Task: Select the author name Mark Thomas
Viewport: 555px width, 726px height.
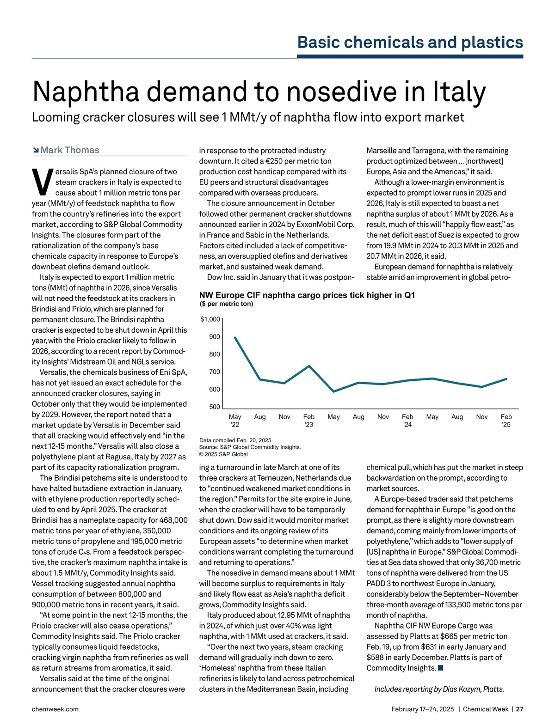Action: point(70,150)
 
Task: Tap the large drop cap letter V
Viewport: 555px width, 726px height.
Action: point(42,182)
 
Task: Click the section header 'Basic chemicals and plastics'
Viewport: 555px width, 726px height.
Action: point(410,42)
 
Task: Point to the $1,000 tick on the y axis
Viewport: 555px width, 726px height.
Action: point(210,319)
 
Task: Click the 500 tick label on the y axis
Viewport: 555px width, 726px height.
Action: point(215,407)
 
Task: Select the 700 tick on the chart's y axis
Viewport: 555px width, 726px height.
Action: point(215,372)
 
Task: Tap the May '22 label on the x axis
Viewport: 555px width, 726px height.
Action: point(235,420)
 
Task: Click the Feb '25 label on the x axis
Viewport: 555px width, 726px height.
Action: point(506,420)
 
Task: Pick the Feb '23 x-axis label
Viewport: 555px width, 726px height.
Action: point(309,420)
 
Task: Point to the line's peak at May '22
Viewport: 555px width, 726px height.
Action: point(235,337)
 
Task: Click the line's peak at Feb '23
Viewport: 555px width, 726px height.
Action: point(309,366)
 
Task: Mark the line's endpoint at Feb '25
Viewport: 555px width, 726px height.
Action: point(506,379)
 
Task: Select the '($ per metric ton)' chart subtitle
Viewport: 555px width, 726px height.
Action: point(226,304)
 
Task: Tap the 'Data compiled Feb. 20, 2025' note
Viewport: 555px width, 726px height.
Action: point(236,440)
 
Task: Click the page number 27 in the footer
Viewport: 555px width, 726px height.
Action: point(520,709)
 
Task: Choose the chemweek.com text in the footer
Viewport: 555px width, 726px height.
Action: point(55,709)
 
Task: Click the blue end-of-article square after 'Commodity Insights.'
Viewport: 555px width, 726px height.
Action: point(440,668)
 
